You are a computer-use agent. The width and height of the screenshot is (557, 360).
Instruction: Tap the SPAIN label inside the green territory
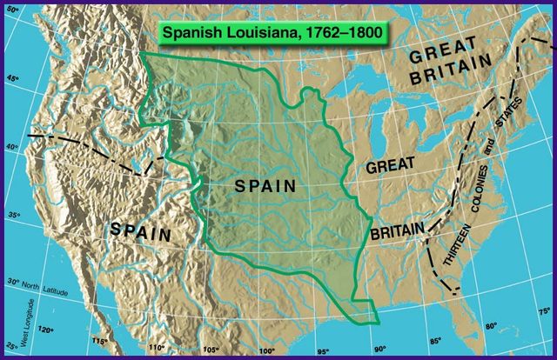pyautogui.click(x=266, y=186)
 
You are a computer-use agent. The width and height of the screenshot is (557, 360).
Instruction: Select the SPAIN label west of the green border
pyautogui.click(x=142, y=230)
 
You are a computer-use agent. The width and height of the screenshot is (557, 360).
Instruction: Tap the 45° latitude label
pyautogui.click(x=13, y=79)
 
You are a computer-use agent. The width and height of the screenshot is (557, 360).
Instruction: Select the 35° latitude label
pyautogui.click(x=13, y=215)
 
